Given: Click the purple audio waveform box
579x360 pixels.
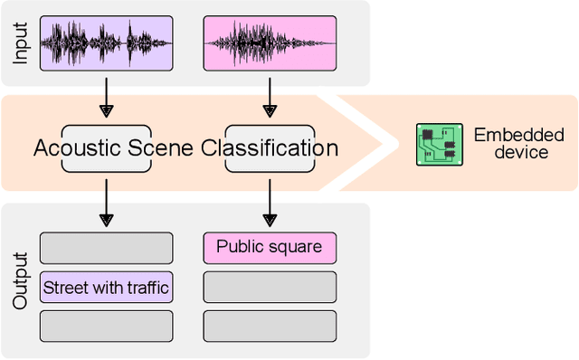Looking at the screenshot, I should (x=106, y=43).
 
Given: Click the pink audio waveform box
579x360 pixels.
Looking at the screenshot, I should (x=269, y=43).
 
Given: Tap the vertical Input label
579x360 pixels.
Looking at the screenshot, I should (x=21, y=42).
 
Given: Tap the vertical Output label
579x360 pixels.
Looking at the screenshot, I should (x=21, y=281).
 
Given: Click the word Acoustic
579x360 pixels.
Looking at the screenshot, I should (x=78, y=148).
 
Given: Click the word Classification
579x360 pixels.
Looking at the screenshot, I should (x=270, y=148).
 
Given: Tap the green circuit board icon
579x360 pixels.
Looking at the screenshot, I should (x=439, y=145).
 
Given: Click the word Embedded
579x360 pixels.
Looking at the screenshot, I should (x=518, y=136).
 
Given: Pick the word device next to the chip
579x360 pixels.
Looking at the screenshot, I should (x=520, y=153).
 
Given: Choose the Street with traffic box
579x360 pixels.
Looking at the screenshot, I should (x=106, y=288).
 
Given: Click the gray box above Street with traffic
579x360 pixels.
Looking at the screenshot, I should (x=106, y=248).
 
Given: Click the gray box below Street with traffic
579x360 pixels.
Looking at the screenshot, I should (x=106, y=326).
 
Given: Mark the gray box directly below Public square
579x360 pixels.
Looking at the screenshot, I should (x=269, y=288).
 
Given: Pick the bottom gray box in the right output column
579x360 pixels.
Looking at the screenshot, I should (x=269, y=326).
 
